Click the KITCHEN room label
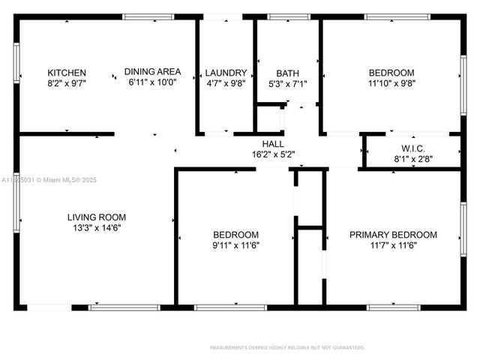[x=67, y=73]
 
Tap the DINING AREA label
[x=153, y=72]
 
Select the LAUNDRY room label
[x=226, y=73]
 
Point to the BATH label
[x=287, y=73]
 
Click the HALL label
[x=272, y=143]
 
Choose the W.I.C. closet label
[x=409, y=148]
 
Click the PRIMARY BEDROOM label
[x=393, y=235]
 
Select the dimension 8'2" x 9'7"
[x=67, y=83]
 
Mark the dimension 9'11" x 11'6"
[x=235, y=244]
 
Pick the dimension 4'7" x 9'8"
[x=226, y=83]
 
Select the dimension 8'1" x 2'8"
[x=409, y=159]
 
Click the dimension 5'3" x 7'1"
[x=287, y=83]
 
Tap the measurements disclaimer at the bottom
[x=287, y=347]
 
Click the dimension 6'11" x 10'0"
[x=153, y=82]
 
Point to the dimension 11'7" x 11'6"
[x=393, y=245]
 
